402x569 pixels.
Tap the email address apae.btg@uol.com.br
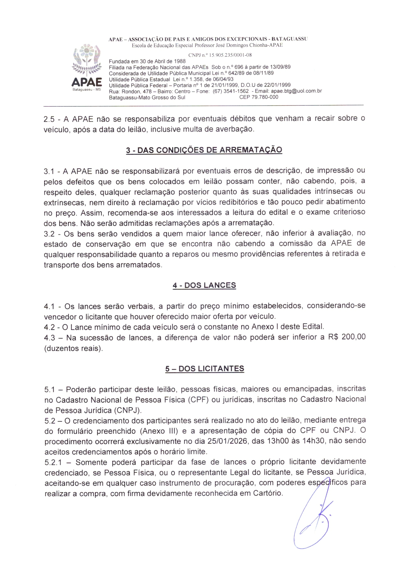pos(296,91)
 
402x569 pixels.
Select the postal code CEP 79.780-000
pos(259,97)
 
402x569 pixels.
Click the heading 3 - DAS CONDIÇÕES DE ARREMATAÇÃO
pos(204,150)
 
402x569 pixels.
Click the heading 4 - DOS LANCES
pos(204,285)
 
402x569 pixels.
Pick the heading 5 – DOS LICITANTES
pos(205,369)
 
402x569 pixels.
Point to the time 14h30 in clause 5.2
pos(313,441)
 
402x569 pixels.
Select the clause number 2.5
pos(49,119)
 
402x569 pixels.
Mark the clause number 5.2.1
pos(53,462)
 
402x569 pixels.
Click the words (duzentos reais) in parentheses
pos(74,349)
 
